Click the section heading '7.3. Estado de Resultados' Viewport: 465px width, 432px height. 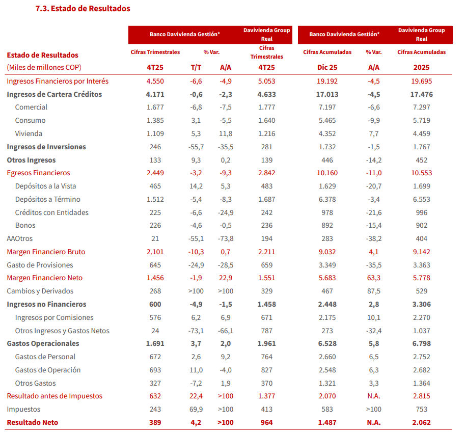83,9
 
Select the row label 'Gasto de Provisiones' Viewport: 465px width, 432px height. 40,265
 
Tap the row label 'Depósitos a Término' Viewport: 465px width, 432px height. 48,199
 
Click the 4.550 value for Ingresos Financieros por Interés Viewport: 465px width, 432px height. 155,81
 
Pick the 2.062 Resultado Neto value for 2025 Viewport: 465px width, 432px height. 421,422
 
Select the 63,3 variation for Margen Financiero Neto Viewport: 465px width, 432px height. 373,278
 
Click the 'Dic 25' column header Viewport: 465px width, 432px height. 327,67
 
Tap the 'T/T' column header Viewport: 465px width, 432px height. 196,67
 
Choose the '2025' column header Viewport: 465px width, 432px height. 421,67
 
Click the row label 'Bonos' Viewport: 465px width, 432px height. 25,225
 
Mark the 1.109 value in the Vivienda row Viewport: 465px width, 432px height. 155,133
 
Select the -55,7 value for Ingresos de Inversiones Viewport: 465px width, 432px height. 196,147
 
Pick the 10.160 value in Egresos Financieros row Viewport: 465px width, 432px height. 327,173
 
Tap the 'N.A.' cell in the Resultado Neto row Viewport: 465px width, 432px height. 373,422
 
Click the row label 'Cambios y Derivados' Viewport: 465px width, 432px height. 40,291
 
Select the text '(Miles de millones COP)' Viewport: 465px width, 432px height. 44,67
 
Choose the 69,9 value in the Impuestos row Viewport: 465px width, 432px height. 196,409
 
